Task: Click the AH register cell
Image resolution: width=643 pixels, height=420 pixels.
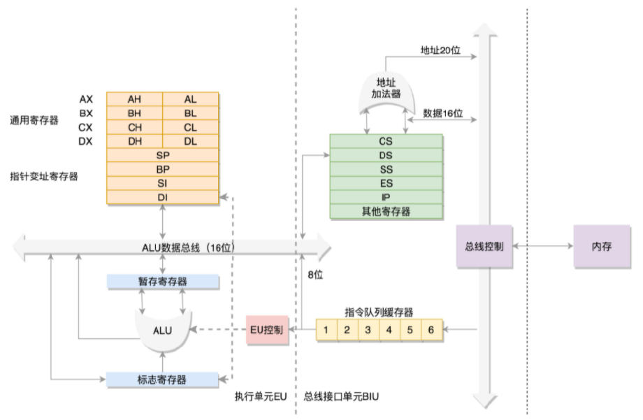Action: coord(134,99)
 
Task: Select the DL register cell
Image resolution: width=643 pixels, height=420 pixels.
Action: coord(191,141)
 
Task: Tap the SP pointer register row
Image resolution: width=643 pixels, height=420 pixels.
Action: coord(162,155)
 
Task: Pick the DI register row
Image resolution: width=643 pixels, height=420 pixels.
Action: coord(162,198)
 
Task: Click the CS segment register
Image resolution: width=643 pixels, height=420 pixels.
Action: coord(386,141)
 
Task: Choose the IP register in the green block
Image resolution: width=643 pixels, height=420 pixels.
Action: coord(386,197)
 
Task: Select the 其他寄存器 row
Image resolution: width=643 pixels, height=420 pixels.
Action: coord(386,211)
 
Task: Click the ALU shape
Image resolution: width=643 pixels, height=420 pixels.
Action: coord(162,329)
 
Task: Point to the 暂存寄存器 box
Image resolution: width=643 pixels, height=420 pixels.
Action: coord(162,281)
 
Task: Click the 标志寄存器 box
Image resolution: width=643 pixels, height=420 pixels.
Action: coord(162,379)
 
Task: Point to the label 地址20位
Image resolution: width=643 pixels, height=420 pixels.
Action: coord(439,50)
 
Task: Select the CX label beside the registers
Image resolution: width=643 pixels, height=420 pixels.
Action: coord(86,127)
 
